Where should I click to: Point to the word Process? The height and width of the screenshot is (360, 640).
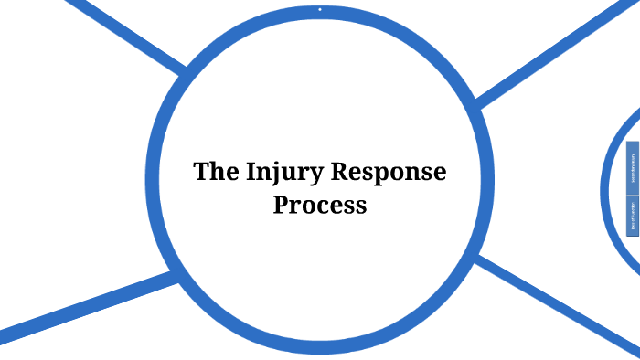click(320, 205)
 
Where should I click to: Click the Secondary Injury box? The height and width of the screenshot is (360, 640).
click(632, 168)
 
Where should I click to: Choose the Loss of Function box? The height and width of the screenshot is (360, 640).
click(632, 217)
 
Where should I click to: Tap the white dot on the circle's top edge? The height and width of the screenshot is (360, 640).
click(320, 9)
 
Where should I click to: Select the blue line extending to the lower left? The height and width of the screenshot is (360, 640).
click(82, 307)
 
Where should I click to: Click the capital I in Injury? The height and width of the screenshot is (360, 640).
click(250, 172)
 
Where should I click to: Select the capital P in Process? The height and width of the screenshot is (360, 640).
click(281, 205)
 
